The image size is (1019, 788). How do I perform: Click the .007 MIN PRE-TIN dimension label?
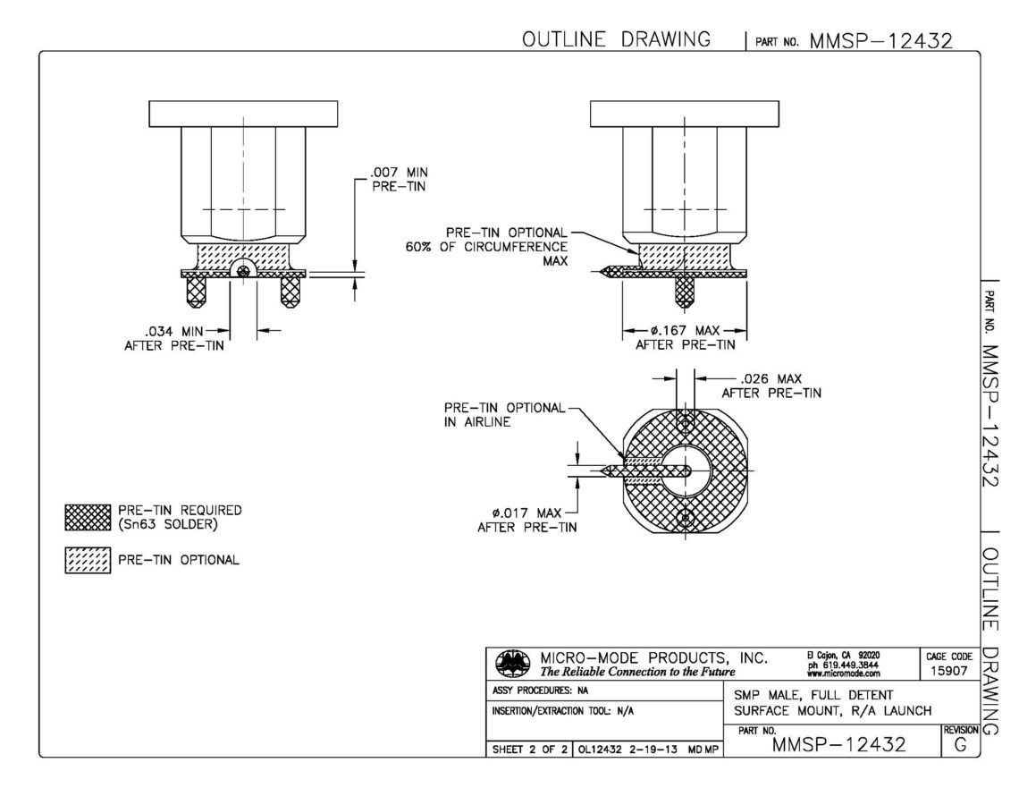pos(399,180)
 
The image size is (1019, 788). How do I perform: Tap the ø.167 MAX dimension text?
pos(685,330)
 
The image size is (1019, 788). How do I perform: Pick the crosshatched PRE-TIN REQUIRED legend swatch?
pos(88,517)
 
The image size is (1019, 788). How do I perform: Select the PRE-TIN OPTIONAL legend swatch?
pos(88,560)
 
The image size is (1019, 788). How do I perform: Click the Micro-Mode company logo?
pos(513,663)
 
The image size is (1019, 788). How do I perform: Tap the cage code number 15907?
pos(948,671)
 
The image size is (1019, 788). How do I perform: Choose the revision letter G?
pos(961,745)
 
